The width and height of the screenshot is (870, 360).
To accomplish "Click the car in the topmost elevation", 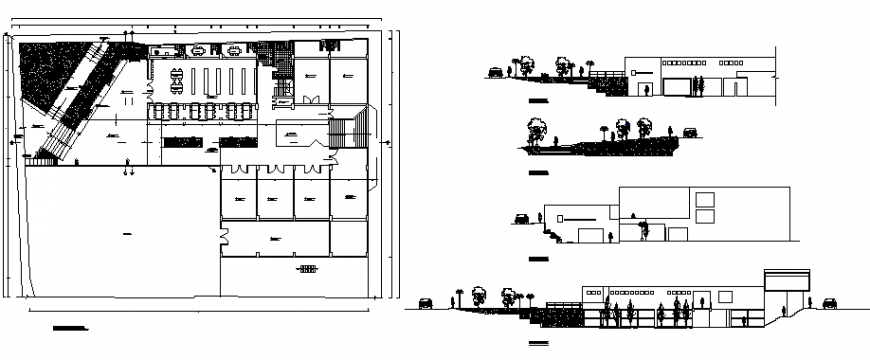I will pos(495,70).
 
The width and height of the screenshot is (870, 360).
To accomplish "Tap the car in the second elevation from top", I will pos(689,132).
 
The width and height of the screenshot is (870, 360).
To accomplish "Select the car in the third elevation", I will pos(521,218).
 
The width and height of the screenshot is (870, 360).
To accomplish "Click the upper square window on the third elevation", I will pos(704,197).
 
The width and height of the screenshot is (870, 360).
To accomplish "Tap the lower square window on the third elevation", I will pos(704,215).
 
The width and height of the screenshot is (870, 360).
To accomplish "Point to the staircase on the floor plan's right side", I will pos(344,131).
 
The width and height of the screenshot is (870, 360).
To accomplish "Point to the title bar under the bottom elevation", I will pos(540,345).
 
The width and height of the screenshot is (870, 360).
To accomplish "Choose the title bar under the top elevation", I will pos(538,103).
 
